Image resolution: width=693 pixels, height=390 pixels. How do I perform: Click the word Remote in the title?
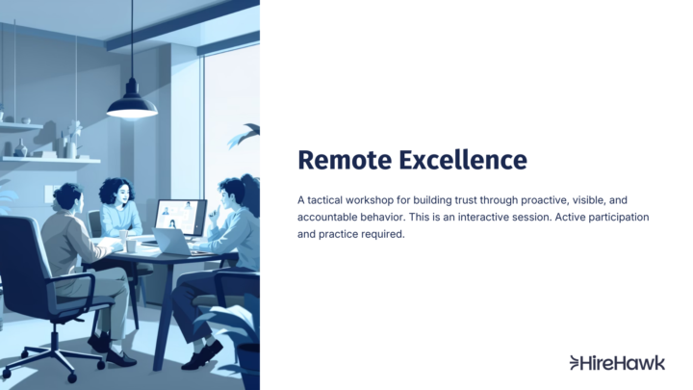342,159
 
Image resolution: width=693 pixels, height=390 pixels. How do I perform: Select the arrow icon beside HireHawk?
576,363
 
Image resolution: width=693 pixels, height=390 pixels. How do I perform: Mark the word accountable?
331,217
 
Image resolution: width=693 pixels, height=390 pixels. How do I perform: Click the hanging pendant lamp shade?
132,106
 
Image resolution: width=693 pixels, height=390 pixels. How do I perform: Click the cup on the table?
131,246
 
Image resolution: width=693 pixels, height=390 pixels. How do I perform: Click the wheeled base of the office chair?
58,361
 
